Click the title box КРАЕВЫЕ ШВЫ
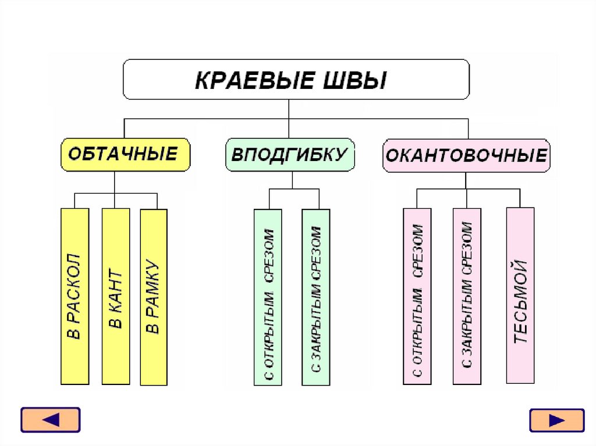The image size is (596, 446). pyautogui.click(x=296, y=79)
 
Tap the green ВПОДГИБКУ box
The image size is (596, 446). pyautogui.click(x=290, y=155)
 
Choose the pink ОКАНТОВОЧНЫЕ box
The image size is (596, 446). pyautogui.click(x=466, y=155)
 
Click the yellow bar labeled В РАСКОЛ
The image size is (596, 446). pyautogui.click(x=75, y=296)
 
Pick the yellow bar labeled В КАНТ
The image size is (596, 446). pyautogui.click(x=115, y=296)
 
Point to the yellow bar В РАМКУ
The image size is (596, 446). pyautogui.click(x=154, y=296)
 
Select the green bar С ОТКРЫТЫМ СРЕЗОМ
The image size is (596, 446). pyautogui.click(x=268, y=297)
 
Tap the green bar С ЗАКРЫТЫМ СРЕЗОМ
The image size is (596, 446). pyautogui.click(x=315, y=297)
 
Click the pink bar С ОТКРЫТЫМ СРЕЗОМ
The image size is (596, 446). pyautogui.click(x=417, y=296)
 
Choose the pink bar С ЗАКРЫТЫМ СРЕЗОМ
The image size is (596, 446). pyautogui.click(x=467, y=296)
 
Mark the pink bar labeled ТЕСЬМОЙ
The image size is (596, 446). pyautogui.click(x=520, y=295)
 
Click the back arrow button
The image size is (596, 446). pyautogui.click(x=50, y=420)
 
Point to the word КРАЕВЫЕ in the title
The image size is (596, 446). pyautogui.click(x=250, y=80)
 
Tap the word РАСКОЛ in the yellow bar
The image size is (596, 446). pyautogui.click(x=75, y=285)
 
